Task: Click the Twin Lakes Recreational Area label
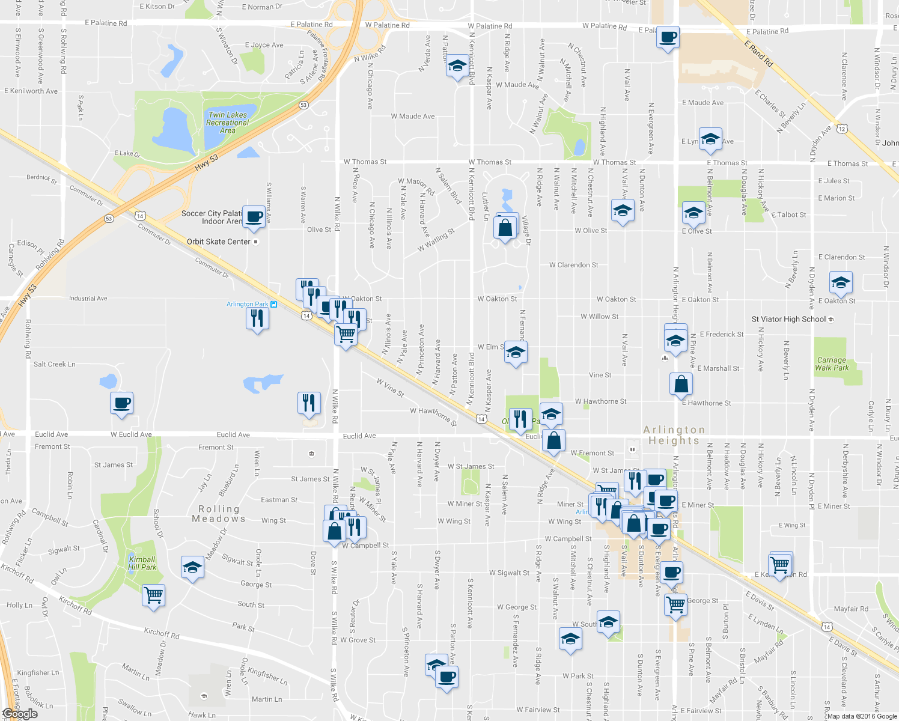227,123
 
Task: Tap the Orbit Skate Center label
219,242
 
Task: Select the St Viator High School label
788,319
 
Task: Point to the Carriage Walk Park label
832,364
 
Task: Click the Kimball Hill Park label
142,563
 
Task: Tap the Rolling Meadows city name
219,514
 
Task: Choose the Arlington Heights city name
674,435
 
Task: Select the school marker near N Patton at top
457,66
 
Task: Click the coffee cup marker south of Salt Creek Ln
121,403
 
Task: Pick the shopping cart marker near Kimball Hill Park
153,595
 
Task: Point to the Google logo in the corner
20,714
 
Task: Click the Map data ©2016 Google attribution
862,716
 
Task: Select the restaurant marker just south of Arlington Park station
257,318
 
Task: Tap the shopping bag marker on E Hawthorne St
681,385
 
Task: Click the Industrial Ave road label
88,298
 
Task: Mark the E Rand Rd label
758,54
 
